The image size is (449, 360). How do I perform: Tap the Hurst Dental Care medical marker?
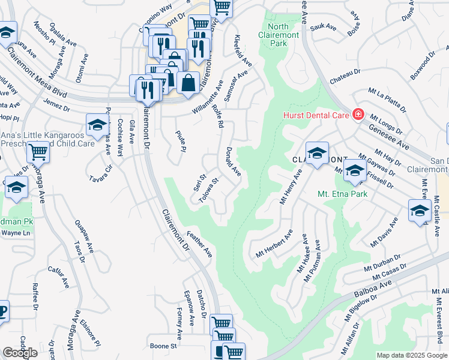click(358, 113)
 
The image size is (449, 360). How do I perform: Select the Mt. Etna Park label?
click(342, 194)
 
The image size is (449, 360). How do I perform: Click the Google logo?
click(20, 352)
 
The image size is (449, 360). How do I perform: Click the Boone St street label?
click(164, 346)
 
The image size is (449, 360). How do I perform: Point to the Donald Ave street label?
click(233, 162)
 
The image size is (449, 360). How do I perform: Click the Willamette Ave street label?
click(208, 97)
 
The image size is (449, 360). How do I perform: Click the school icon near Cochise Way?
click(97, 125)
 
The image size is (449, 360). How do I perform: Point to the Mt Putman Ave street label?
click(313, 262)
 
